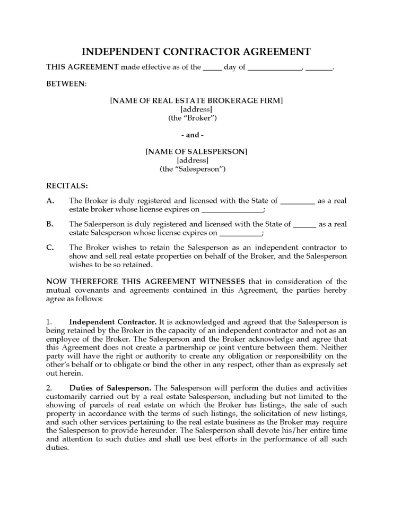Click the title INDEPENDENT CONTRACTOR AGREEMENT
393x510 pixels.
tap(196, 51)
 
